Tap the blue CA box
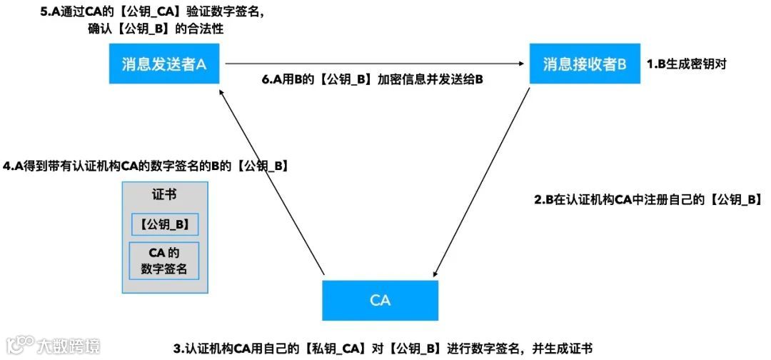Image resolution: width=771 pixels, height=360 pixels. point(380,299)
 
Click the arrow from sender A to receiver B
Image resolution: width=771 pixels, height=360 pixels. point(371,64)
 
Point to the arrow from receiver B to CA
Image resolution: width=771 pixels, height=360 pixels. point(482,182)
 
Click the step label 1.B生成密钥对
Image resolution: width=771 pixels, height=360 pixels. point(686,64)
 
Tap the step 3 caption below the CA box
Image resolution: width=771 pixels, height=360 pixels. point(383,349)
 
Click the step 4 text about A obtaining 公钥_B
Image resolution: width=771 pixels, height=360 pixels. point(146,166)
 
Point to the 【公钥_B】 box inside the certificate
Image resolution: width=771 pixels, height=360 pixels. point(164,224)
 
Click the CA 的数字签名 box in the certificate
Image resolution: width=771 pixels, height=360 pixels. point(164,261)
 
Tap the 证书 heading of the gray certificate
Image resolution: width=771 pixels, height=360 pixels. point(164,195)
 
